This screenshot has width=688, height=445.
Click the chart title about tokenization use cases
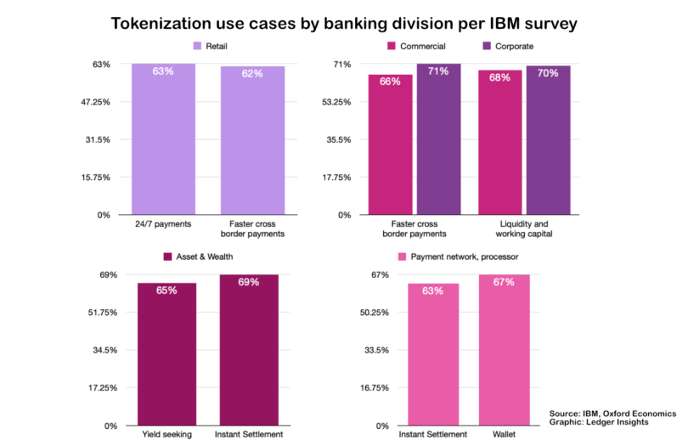344,23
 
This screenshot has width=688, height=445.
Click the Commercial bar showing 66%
390,144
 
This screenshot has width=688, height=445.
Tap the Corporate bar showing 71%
438,139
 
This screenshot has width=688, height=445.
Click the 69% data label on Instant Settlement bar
249,283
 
